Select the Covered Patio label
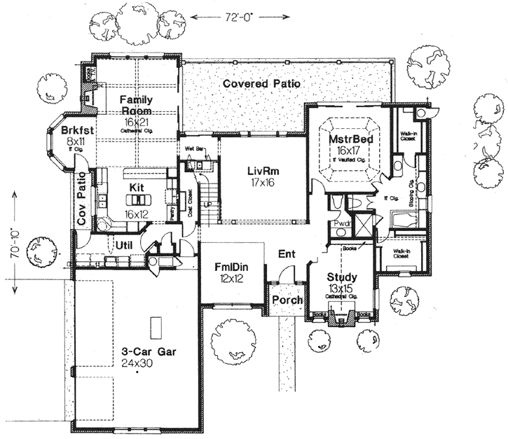(261, 83)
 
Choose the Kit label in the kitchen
(137, 188)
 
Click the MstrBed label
(350, 139)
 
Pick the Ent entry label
(286, 253)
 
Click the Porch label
(287, 300)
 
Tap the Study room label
(343, 277)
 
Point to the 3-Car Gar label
(137, 352)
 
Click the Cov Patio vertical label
(82, 204)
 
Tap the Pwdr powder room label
(343, 224)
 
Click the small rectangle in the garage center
(157, 327)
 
